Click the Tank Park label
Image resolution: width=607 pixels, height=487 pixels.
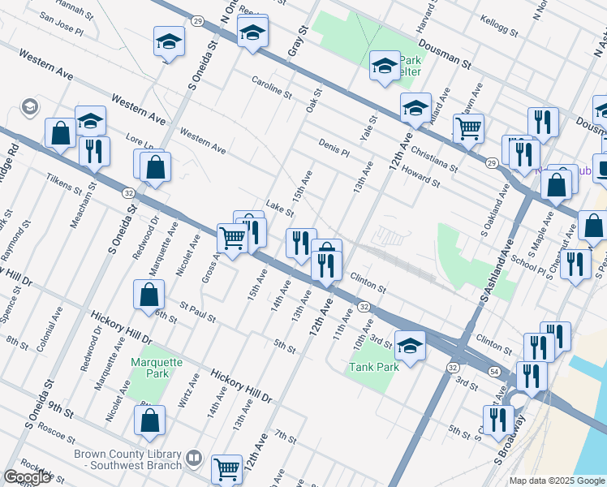coord(374,367)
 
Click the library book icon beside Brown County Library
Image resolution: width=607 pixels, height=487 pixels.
coord(193,459)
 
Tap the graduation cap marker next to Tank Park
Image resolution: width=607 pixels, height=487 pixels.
coord(410,346)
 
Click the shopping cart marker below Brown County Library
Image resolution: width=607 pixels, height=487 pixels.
coord(227,468)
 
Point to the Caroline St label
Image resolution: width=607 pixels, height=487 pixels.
coord(271,88)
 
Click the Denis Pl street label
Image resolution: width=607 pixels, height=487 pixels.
coord(334,147)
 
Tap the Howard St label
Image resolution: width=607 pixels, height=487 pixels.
coord(420,176)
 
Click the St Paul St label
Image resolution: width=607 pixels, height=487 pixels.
coord(198,312)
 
